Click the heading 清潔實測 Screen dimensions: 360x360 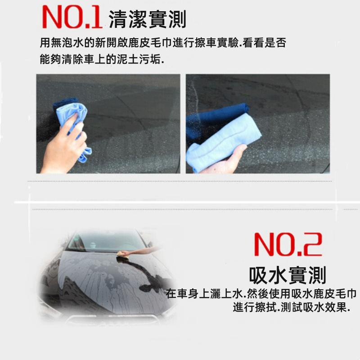pos(147,19)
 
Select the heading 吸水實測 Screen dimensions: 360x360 pos(288,275)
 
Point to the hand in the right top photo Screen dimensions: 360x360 pos(225,160)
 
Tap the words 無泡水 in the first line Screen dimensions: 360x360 pos(66,44)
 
